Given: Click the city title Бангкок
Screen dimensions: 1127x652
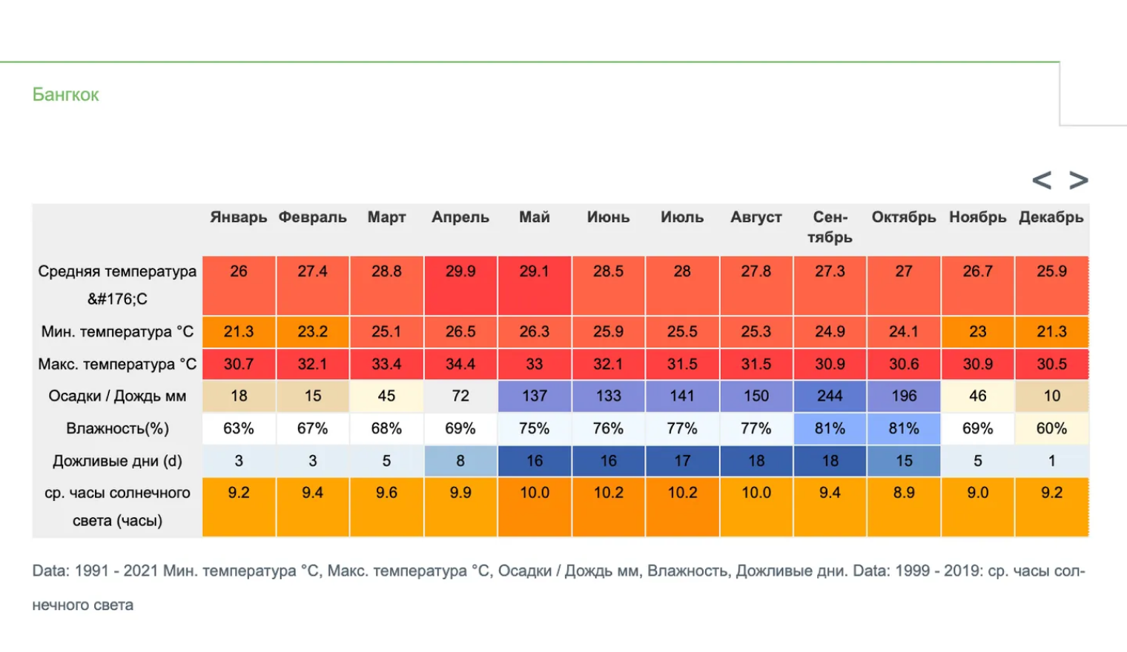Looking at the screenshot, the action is tap(65, 95).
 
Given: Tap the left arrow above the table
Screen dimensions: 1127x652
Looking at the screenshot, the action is tap(1042, 180).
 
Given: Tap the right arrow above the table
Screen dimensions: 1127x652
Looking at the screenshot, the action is tap(1079, 180).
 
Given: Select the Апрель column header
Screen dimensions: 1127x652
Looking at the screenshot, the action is tap(460, 217).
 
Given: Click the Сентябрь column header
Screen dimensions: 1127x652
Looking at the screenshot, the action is tap(830, 227).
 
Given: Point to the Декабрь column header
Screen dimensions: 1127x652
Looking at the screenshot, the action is tap(1051, 217).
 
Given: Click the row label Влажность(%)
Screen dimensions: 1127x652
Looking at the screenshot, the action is tap(117, 428).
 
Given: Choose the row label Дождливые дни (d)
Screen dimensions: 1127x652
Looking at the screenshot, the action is tap(117, 461).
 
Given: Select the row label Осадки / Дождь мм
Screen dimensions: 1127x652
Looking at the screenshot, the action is tap(117, 396).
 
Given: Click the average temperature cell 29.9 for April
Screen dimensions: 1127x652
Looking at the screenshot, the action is tap(460, 285).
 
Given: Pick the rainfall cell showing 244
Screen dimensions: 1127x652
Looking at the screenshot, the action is tap(830, 396).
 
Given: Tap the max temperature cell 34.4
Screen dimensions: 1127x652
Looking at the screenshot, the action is tap(460, 364).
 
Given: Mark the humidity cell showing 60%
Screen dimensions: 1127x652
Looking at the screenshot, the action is tap(1051, 428).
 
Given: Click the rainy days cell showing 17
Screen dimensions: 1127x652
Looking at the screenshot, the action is tap(682, 461).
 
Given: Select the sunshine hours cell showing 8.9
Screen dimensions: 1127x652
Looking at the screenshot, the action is tap(904, 508).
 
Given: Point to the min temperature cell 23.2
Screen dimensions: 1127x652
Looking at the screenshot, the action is tap(312, 332).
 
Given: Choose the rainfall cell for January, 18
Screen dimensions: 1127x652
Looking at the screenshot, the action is tap(239, 396).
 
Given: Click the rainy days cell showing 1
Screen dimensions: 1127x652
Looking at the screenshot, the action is tap(1051, 461).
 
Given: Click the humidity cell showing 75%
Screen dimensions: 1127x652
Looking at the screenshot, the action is tap(535, 428).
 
